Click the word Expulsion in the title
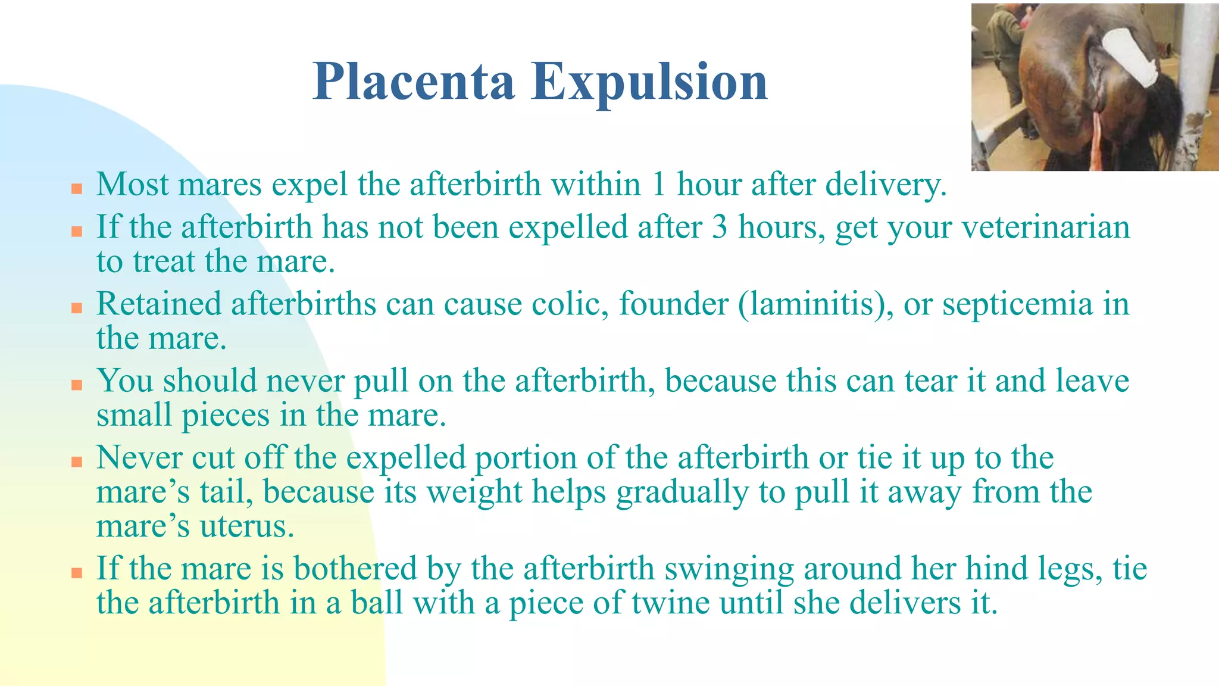(x=649, y=83)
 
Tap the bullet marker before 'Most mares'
(x=76, y=189)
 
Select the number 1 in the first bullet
(x=658, y=184)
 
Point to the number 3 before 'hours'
(x=720, y=227)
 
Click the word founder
(x=673, y=304)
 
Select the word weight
(x=474, y=492)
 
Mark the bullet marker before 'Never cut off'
(x=76, y=462)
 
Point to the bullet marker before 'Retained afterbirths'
(x=76, y=308)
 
